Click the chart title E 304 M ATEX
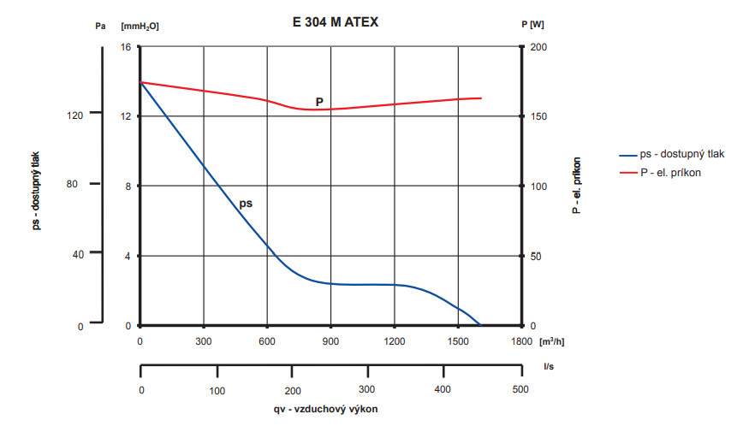coord(329,23)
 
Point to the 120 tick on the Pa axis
coord(74,115)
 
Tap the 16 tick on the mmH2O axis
coord(126,46)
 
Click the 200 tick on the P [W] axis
coord(539,46)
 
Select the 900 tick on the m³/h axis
coord(330,342)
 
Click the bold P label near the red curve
coord(319,102)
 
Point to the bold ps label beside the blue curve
coord(247,204)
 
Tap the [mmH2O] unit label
coord(140,26)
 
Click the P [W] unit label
coord(532,25)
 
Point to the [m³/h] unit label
coord(552,342)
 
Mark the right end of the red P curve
coord(481,98)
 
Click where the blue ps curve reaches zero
coord(481,325)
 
